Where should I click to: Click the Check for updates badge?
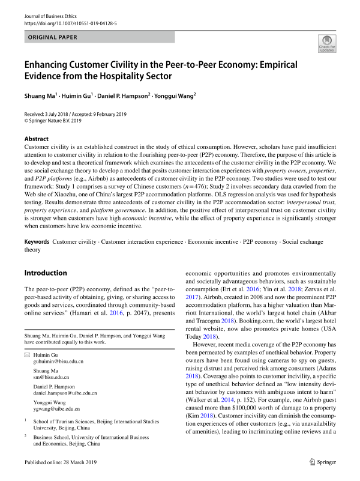tap(327, 43)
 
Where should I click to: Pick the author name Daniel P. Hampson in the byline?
tap(126, 95)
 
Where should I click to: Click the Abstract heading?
tap(37, 138)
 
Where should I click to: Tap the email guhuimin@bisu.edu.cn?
tap(58, 362)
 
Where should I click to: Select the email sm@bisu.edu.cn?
tap(52, 378)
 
